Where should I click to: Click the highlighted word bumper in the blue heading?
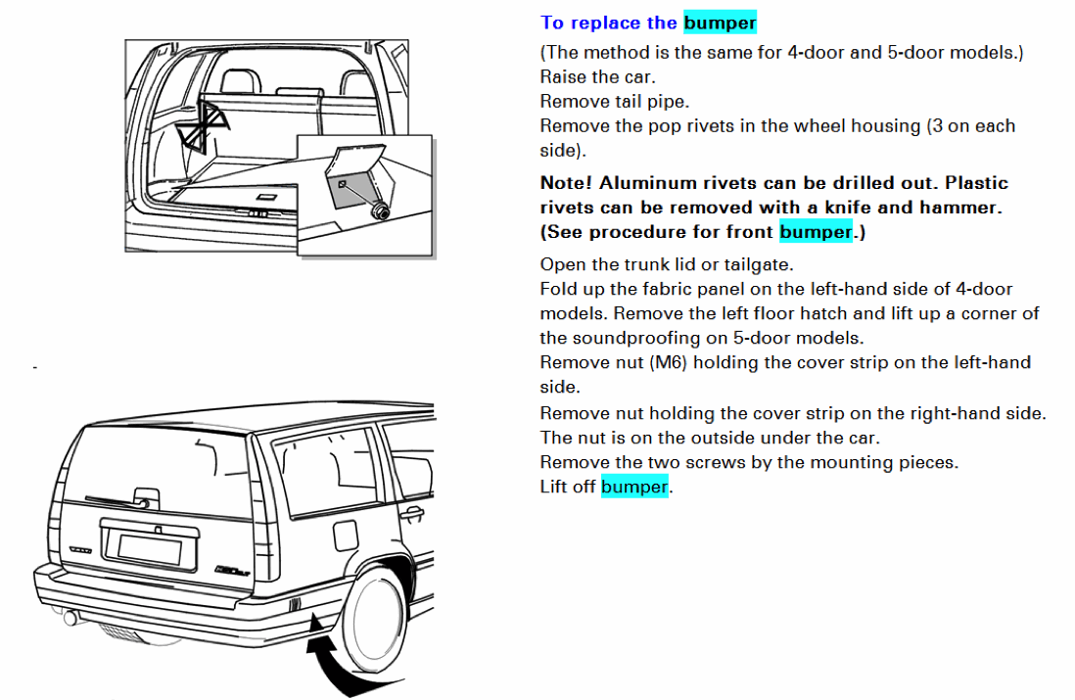pyautogui.click(x=720, y=23)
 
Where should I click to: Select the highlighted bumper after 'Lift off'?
pyautogui.click(x=633, y=487)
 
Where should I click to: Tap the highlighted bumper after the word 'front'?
pyautogui.click(x=816, y=232)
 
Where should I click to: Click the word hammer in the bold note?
pyautogui.click(x=968, y=208)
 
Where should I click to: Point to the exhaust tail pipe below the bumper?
pyautogui.click(x=70, y=618)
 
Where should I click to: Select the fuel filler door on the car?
pyautogui.click(x=346, y=536)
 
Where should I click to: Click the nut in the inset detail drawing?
pyautogui.click(x=379, y=210)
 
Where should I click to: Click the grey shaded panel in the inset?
pyautogui.click(x=351, y=181)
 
